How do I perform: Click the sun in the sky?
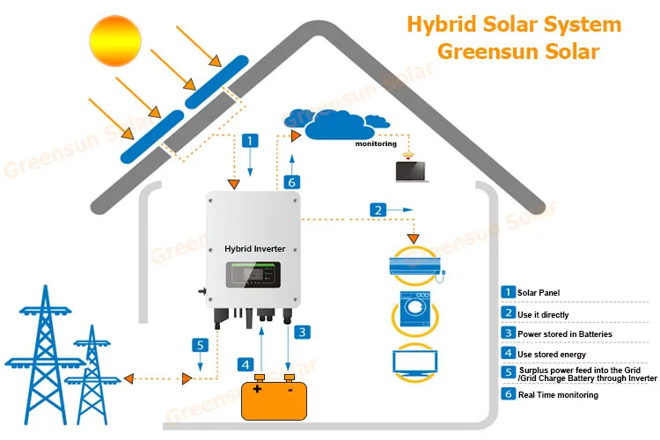[x=115, y=40]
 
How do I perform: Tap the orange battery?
[x=274, y=398]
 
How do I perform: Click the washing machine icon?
[x=414, y=309]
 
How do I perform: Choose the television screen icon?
[x=415, y=363]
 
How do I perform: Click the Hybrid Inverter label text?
[x=254, y=249]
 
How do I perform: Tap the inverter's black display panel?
[x=253, y=275]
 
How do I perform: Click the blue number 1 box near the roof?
[x=250, y=141]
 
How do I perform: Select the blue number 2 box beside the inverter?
[x=378, y=210]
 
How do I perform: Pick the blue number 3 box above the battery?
[x=302, y=333]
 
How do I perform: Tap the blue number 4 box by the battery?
[x=246, y=364]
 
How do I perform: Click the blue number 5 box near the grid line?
[x=200, y=345]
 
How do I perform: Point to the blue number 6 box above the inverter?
[x=291, y=182]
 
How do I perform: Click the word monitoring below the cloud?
[x=376, y=143]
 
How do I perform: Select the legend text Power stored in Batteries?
[x=564, y=334]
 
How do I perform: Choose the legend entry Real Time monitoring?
[x=558, y=395]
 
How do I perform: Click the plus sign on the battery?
[x=257, y=389]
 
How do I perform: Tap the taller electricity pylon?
[x=45, y=356]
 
